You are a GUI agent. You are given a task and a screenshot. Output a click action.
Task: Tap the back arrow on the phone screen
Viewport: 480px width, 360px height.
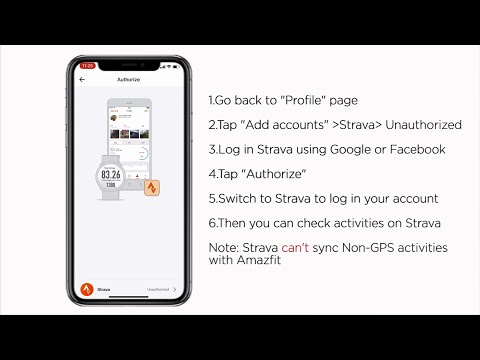tap(82, 78)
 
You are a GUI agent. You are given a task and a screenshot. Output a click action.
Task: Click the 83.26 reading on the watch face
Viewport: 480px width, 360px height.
tap(110, 172)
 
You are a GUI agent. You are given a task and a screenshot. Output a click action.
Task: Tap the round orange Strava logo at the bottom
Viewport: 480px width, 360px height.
tap(87, 291)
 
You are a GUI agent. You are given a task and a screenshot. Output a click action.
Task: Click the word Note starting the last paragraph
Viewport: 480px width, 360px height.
tap(224, 246)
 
